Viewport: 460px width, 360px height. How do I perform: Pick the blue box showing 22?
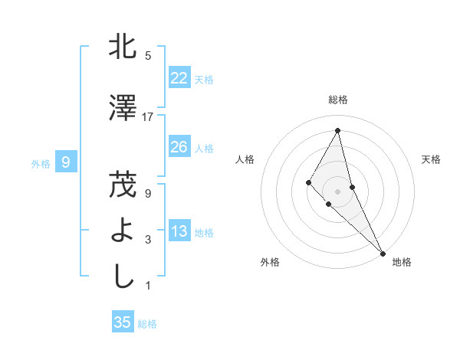(179, 78)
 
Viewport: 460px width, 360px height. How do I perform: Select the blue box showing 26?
(179, 147)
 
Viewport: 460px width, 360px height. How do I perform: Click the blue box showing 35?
(123, 322)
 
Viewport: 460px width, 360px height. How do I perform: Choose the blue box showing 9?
(66, 162)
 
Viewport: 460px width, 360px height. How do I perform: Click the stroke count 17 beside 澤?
(148, 117)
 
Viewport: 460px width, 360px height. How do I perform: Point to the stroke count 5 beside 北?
(148, 56)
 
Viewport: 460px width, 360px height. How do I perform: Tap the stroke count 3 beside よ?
(148, 240)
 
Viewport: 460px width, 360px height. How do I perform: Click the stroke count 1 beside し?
(148, 286)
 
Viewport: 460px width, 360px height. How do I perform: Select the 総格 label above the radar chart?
(337, 100)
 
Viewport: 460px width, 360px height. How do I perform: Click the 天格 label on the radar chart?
(431, 159)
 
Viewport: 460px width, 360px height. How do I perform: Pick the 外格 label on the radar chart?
(270, 262)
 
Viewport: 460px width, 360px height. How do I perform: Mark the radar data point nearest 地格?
(383, 253)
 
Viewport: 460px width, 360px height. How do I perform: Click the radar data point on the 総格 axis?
(337, 130)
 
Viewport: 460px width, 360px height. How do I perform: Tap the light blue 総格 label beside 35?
(147, 324)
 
